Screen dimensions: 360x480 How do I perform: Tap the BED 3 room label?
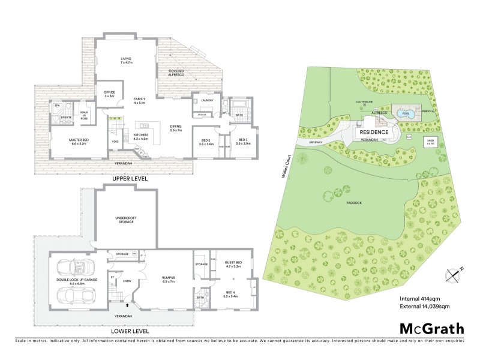point(243,142)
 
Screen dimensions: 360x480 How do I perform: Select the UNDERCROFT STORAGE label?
point(127,220)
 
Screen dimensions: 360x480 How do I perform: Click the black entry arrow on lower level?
point(126,304)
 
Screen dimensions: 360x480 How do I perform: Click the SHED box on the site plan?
point(430,142)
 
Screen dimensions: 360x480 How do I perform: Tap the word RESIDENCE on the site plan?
point(374,132)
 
